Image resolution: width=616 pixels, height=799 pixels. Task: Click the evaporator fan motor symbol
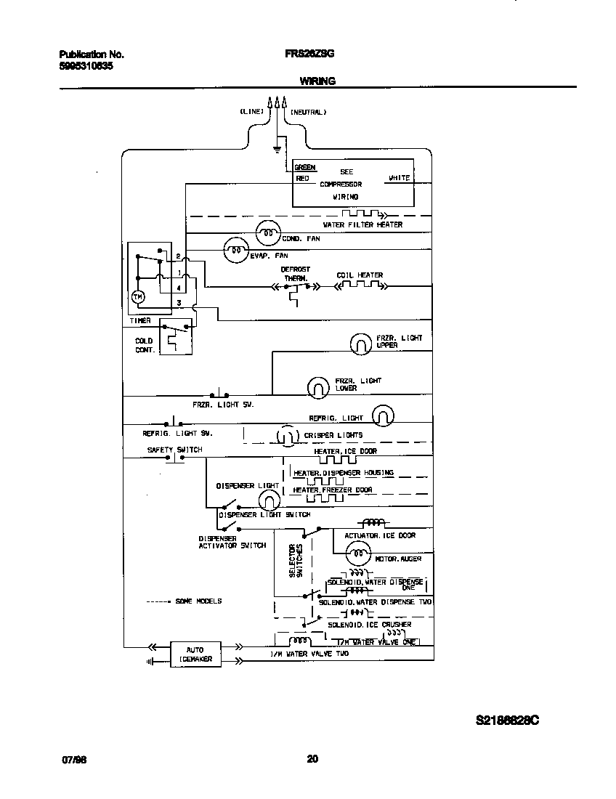pos(236,251)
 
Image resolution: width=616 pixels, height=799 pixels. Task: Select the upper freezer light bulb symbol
pos(361,344)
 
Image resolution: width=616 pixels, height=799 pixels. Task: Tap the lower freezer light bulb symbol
pos(317,387)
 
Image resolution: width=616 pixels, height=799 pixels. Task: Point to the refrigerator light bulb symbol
pos(384,415)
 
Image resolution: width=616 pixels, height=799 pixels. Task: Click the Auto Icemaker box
pos(195,654)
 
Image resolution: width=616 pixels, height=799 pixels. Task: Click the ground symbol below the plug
pos(277,150)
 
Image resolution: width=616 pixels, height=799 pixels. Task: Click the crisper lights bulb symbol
pos(287,436)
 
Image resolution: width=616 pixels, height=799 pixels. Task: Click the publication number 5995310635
pos(85,65)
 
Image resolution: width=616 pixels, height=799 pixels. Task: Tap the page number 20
pos(312,759)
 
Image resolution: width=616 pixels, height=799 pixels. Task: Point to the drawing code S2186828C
pos(507,721)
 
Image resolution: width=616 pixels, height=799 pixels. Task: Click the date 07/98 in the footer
pos(74,760)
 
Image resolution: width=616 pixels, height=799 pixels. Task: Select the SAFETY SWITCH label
pos(174,450)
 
